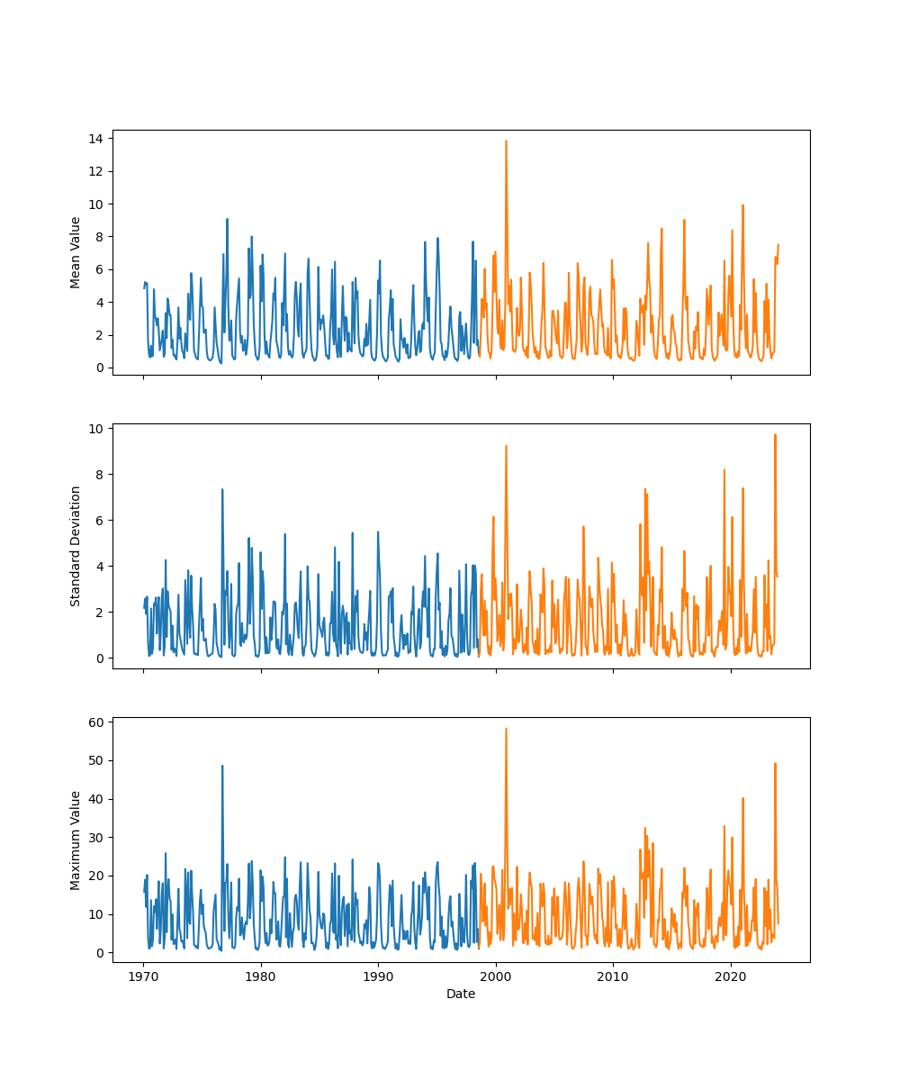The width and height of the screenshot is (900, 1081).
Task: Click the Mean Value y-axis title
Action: (x=76, y=252)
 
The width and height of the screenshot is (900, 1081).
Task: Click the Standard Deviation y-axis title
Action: (x=76, y=546)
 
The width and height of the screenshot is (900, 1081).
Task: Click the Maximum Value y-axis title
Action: (x=76, y=840)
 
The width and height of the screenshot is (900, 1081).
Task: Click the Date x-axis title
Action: (x=461, y=994)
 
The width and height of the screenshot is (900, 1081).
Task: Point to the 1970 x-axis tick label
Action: (x=143, y=977)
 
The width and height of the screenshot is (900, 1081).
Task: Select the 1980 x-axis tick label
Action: (x=261, y=977)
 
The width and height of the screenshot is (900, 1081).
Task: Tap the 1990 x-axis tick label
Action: (x=378, y=977)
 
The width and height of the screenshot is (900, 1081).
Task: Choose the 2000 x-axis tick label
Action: (x=496, y=977)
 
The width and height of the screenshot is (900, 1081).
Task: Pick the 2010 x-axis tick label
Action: (x=613, y=977)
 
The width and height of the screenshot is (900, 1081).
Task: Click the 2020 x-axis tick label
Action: (x=731, y=977)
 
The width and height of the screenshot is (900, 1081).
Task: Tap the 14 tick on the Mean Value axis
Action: (x=94, y=138)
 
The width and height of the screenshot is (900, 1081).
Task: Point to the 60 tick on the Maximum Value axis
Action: (x=94, y=722)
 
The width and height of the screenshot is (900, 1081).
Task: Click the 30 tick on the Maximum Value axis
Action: (x=94, y=837)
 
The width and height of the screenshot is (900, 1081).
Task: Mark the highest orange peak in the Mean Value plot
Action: (x=506, y=141)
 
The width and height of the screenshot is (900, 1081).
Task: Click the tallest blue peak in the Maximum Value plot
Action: (x=222, y=766)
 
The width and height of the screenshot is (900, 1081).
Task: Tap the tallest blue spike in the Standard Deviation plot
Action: (x=222, y=489)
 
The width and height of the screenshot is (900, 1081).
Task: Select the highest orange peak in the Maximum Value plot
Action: (x=506, y=729)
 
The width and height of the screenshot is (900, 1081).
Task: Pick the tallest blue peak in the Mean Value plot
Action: (x=227, y=219)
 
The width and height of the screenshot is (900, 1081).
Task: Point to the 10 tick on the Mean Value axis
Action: (x=94, y=204)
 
